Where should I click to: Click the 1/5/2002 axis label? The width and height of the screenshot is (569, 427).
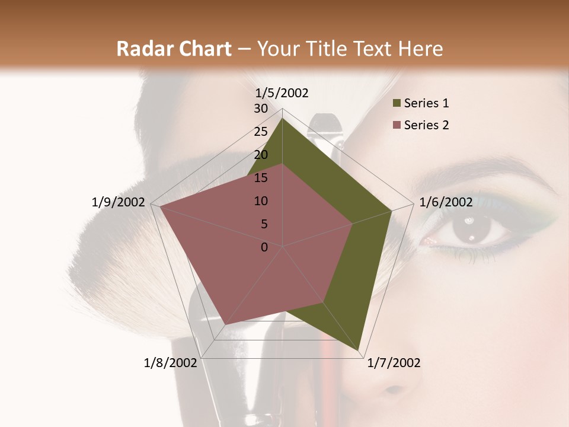point(282,93)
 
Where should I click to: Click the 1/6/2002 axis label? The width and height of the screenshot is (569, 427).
point(446,202)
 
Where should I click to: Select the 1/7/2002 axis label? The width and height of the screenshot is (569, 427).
point(394,363)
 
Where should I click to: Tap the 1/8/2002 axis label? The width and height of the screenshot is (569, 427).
point(171,363)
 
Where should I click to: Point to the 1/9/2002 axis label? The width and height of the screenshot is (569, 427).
point(119,202)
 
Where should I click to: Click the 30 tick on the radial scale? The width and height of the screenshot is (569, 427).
point(261,109)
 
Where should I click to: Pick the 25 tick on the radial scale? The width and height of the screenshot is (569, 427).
point(261,132)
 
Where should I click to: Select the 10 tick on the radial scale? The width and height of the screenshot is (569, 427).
point(261,201)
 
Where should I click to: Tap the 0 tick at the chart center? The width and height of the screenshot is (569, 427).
point(264,247)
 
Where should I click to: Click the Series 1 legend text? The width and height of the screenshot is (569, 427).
point(427,103)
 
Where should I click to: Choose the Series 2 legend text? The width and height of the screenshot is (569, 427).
point(427,125)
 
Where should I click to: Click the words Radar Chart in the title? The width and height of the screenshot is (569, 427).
point(174,49)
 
